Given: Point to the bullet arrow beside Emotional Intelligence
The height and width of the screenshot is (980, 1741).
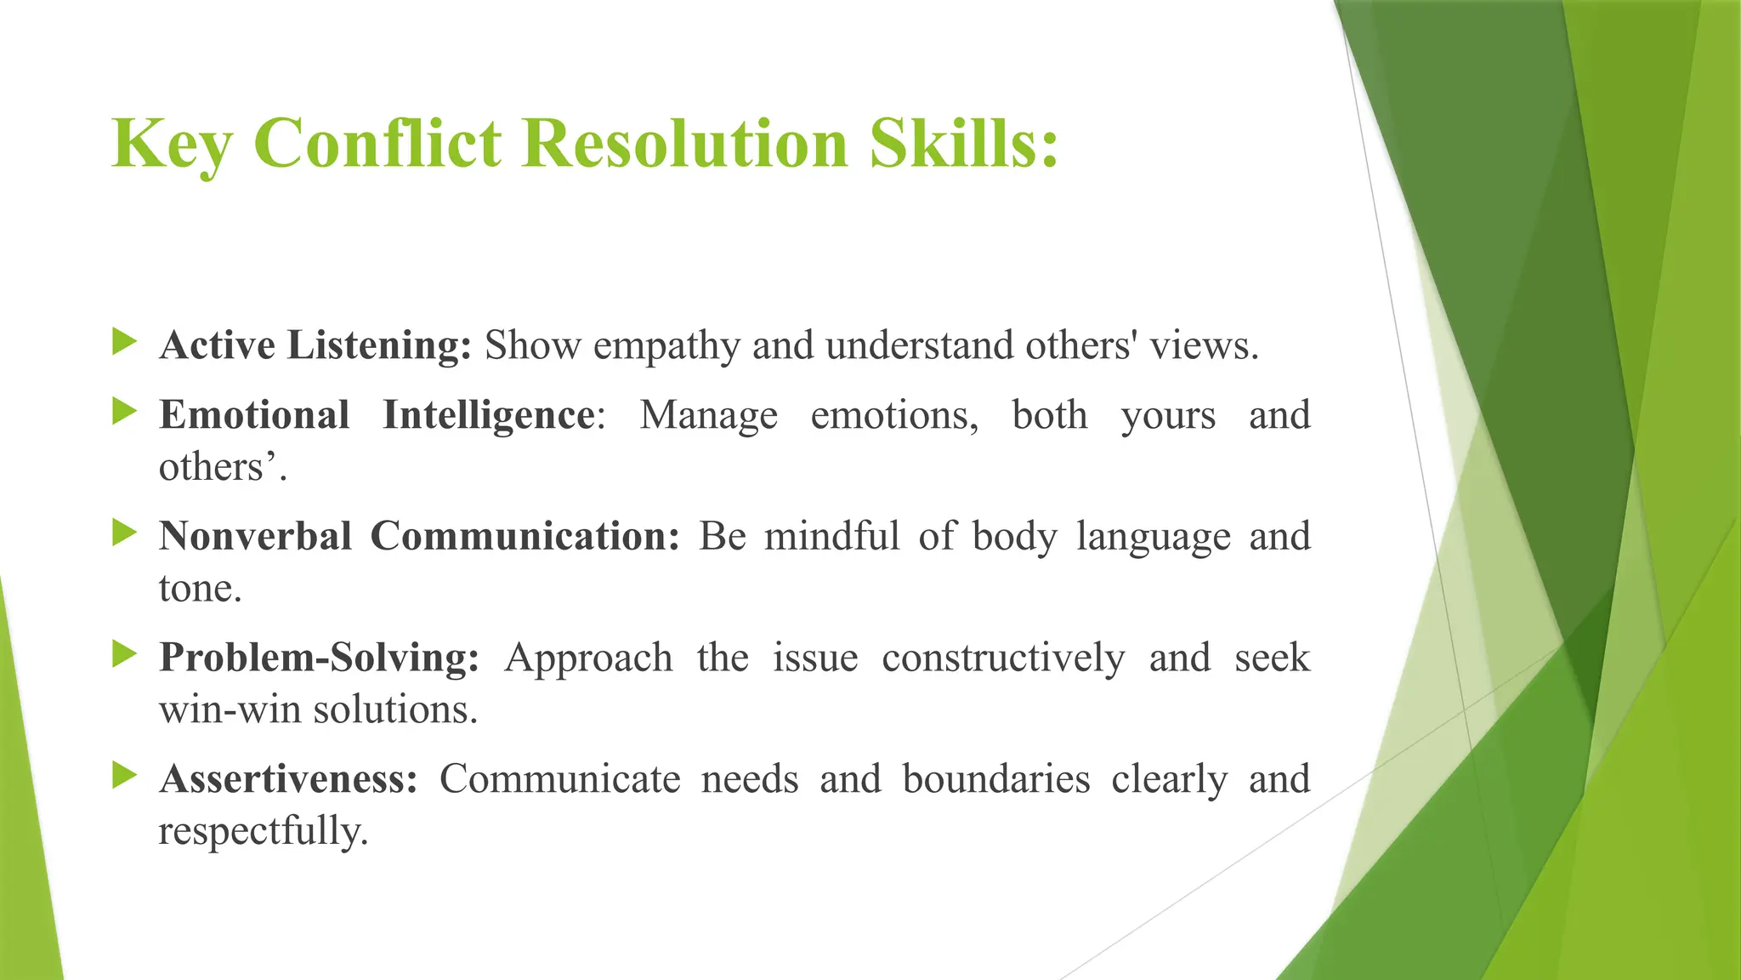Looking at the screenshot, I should click(x=124, y=413).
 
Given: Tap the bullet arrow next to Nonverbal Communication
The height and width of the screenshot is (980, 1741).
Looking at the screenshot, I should click(x=124, y=533).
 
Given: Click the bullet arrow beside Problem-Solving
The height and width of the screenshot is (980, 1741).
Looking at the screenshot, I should click(x=124, y=654).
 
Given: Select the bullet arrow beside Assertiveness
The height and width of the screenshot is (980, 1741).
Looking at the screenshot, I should click(x=124, y=775).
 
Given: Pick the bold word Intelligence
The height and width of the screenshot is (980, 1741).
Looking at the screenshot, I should click(x=488, y=416).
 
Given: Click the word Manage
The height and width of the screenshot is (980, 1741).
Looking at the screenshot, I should click(x=708, y=416).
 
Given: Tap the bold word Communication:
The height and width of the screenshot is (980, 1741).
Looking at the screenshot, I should click(x=525, y=537).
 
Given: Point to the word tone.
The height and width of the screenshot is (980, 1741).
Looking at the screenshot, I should click(x=200, y=589).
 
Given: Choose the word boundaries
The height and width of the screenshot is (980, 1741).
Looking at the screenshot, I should click(x=995, y=779).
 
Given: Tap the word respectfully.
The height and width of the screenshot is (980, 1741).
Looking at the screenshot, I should click(x=263, y=831).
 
